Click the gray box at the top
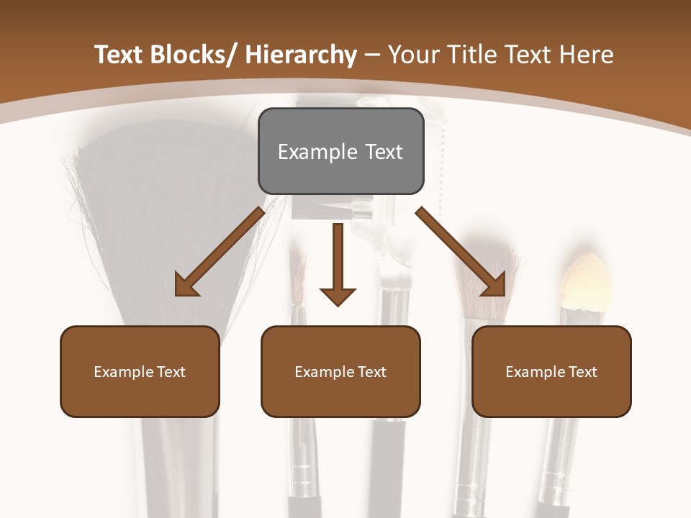coord(340,151)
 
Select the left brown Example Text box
coord(140,371)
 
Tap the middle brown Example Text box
coord(340,371)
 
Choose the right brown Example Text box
coord(551,371)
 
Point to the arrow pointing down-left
coord(220,252)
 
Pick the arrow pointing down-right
coord(461,252)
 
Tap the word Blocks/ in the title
coord(187,55)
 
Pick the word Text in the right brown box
coord(582,372)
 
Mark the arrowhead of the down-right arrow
coord(494,284)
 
